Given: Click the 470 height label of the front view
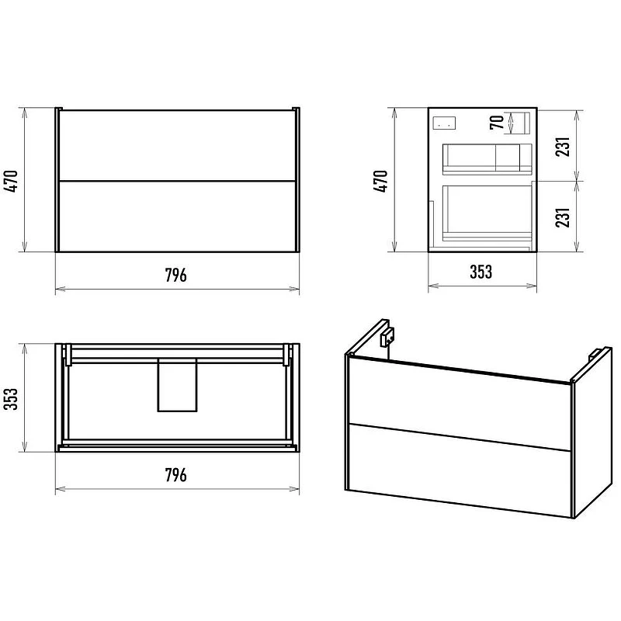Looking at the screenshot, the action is point(11,181).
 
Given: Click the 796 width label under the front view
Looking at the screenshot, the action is point(176,275).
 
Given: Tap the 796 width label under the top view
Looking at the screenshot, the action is point(176,474).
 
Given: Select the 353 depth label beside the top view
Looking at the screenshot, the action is point(11,399).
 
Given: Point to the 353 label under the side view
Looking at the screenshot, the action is point(481,272).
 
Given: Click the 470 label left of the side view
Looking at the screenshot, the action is point(380,181).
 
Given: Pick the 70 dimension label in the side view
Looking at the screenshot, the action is point(497,122).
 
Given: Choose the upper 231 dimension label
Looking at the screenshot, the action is point(563,147).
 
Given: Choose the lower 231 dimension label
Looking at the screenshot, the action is point(563,217).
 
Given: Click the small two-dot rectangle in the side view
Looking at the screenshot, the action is point(444,123).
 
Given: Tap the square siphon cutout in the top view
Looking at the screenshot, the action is point(177,385).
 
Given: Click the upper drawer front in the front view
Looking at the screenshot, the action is point(178,145).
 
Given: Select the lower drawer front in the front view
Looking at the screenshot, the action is point(178,217).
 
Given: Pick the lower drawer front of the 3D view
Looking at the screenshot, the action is point(460,470).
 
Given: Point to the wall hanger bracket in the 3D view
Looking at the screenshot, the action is point(387,337).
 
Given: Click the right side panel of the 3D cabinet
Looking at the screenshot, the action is point(592,432).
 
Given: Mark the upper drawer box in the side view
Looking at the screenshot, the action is point(487,159).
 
